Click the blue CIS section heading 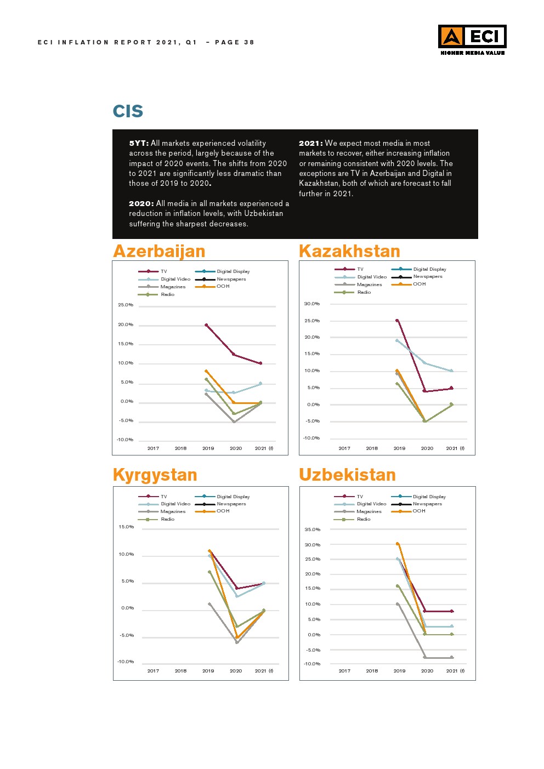[x=128, y=111]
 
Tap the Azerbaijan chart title [x=159, y=251]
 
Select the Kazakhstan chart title [x=349, y=251]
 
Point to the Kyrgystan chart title [x=155, y=475]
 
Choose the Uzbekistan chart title [x=347, y=475]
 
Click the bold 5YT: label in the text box [x=138, y=144]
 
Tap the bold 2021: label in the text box [x=310, y=144]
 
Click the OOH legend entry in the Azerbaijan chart [x=223, y=286]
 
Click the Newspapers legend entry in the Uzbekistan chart [x=427, y=504]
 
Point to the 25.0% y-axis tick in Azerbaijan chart [x=126, y=305]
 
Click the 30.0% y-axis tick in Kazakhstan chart [x=312, y=304]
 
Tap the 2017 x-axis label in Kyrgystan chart [x=153, y=671]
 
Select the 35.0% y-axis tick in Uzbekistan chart [x=313, y=529]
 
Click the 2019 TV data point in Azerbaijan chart [x=206, y=325]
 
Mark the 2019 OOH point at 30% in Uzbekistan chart [x=398, y=544]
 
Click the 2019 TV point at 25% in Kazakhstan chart [x=397, y=321]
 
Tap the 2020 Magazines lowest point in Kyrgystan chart [x=237, y=642]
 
